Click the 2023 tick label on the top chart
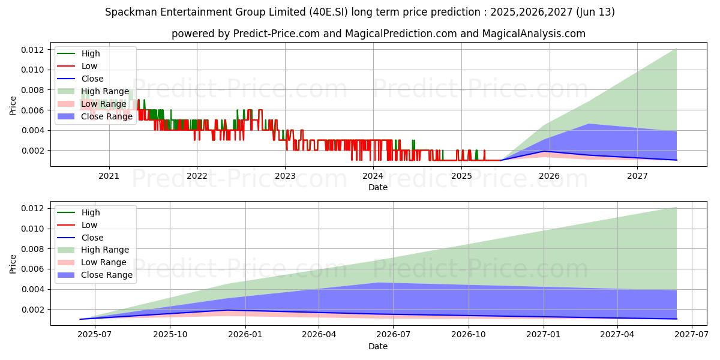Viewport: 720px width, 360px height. (285, 176)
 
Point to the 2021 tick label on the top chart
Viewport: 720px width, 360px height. (109, 176)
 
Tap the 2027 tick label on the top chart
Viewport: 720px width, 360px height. (637, 176)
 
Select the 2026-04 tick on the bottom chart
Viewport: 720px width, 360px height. (319, 335)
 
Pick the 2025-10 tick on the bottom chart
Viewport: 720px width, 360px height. (170, 335)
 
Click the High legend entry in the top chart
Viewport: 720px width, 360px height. (91, 53)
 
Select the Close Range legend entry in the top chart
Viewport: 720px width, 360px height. (106, 116)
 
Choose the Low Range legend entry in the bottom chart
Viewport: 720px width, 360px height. (103, 262)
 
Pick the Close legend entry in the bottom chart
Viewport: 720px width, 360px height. (92, 238)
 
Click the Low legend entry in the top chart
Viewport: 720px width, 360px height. (89, 66)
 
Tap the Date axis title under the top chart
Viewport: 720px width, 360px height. (378, 187)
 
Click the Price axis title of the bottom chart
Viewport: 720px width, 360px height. (13, 263)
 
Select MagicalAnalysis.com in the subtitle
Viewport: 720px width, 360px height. (539, 34)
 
